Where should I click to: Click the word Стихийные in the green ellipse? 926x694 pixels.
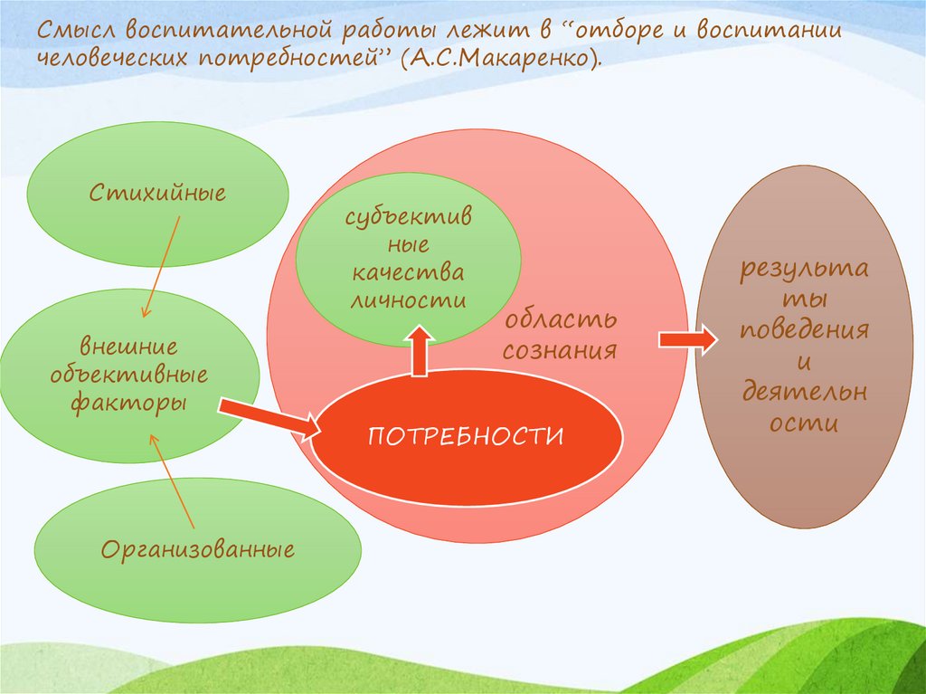pos(157,193)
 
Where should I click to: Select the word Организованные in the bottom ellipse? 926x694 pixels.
pos(198,549)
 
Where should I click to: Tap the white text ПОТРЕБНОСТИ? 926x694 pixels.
pos(466,436)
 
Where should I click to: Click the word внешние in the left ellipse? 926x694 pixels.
pos(128,347)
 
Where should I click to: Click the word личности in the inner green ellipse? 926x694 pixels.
pos(408,299)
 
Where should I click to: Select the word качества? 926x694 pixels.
pos(408,272)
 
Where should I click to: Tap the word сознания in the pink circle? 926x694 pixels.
pos(560,350)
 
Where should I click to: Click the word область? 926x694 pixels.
pos(561,320)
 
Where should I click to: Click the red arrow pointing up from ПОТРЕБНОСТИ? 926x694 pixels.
pos(420,351)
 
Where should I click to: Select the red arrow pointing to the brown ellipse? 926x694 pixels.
pos(687,339)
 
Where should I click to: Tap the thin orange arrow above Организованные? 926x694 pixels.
pos(174,480)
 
